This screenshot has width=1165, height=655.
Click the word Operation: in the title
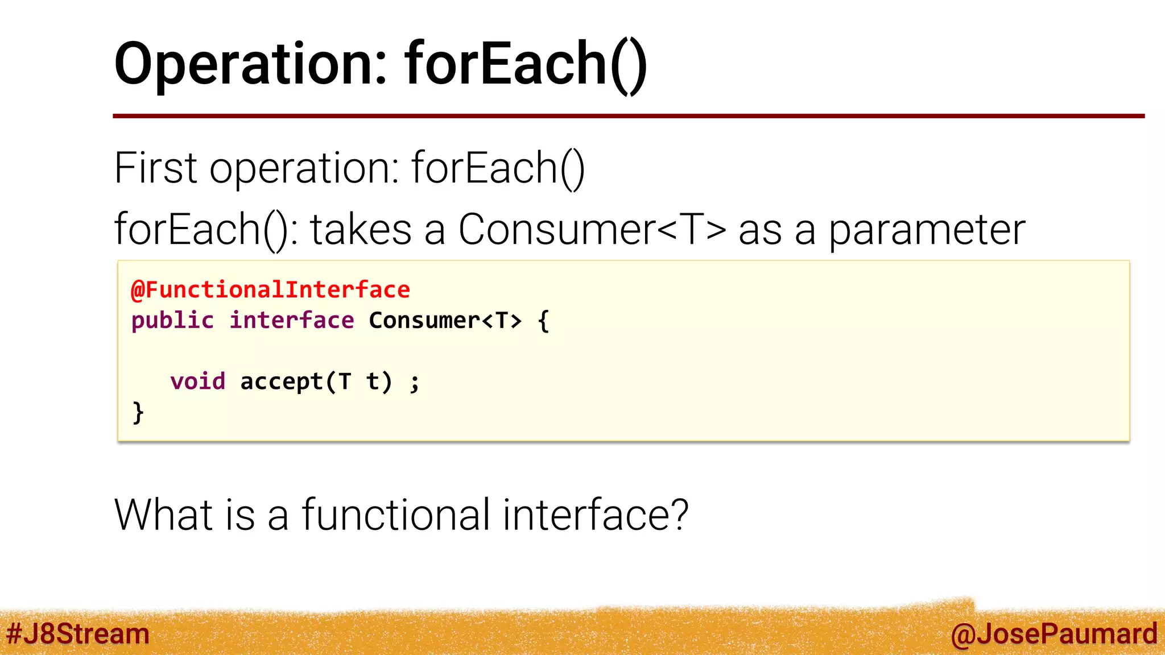(x=251, y=64)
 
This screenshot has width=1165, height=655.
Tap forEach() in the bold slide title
(x=526, y=64)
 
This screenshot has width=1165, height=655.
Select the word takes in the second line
(x=361, y=230)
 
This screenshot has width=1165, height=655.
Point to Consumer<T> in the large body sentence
(x=592, y=230)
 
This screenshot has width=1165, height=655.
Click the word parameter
(x=927, y=230)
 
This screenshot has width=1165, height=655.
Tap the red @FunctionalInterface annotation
(x=271, y=290)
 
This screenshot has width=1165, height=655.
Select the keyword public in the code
(x=172, y=321)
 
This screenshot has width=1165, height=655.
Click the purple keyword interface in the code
(x=292, y=321)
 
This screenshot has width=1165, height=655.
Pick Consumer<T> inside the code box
(x=445, y=321)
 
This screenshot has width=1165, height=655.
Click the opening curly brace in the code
(x=543, y=321)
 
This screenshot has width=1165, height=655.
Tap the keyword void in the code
(x=198, y=382)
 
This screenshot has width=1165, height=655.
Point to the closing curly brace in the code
(x=138, y=412)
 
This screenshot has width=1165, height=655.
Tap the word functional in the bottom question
(x=395, y=515)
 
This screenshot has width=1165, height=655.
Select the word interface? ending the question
(x=595, y=515)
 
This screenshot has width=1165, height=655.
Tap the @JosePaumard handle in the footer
(x=1054, y=634)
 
